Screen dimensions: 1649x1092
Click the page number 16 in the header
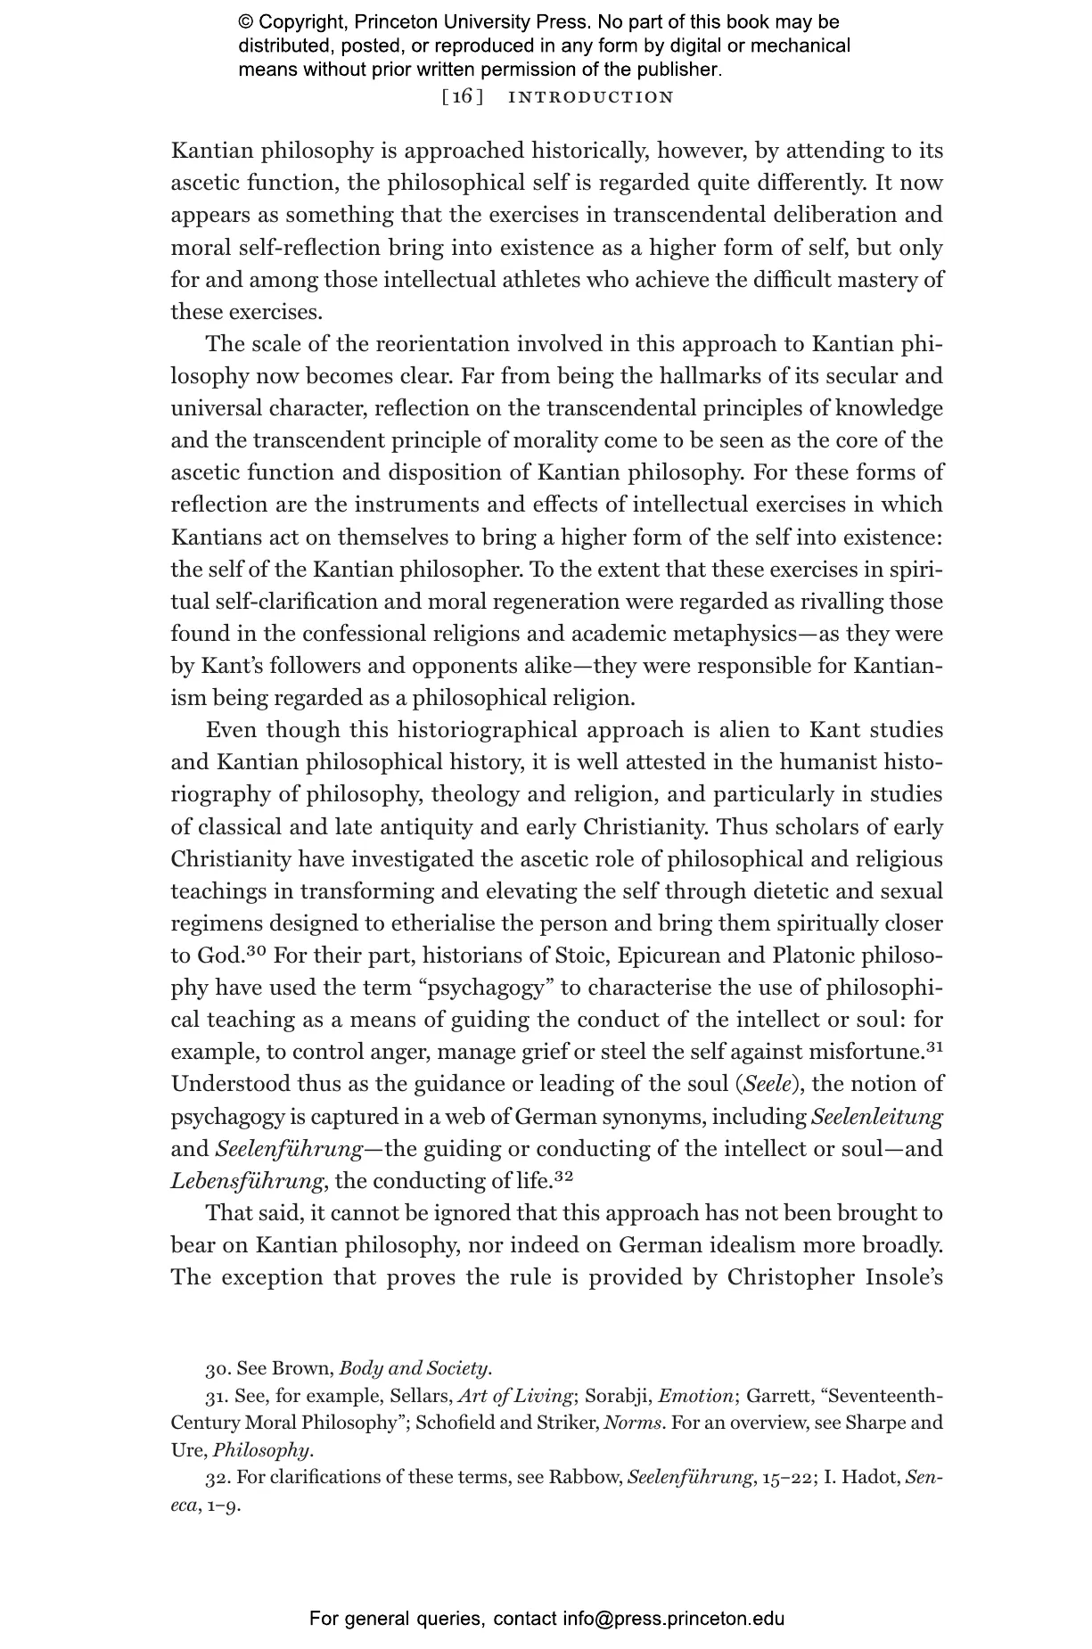click(x=463, y=97)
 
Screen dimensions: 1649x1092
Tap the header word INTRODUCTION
click(x=591, y=97)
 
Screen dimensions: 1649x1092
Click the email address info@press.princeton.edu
click(x=673, y=1619)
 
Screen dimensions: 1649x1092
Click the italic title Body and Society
click(x=415, y=1368)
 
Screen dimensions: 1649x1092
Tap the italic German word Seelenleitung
click(x=877, y=1116)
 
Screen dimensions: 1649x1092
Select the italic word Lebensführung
click(x=247, y=1181)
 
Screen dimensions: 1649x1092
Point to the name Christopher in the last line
click(x=788, y=1277)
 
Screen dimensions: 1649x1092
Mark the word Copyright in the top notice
click(x=302, y=22)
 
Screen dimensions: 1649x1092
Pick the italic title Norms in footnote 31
click(x=632, y=1423)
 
